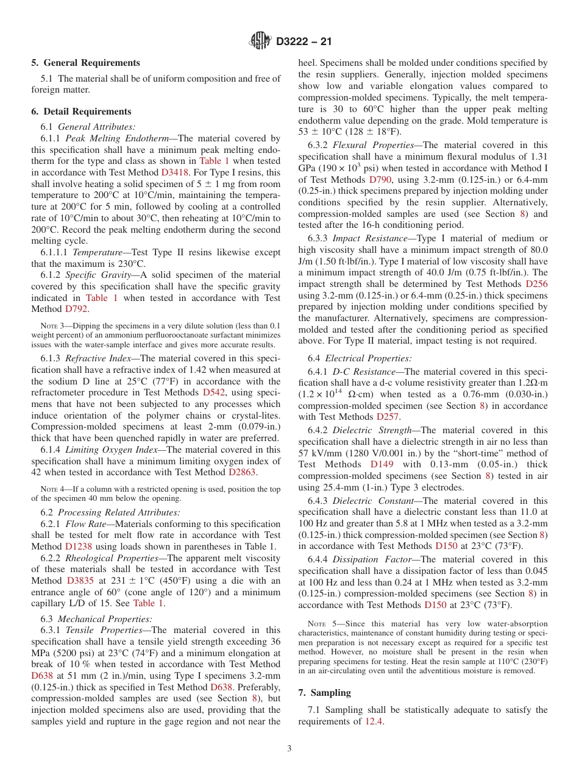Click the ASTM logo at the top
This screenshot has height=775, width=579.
coord(261,41)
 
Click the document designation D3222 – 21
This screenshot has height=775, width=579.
coord(303,42)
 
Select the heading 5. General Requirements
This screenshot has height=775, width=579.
coord(85,63)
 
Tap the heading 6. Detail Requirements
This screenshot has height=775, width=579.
coord(81,111)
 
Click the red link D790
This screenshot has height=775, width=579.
coord(382,180)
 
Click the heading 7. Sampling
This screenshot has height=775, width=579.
coord(324,693)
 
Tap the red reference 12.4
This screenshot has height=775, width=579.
coord(374,721)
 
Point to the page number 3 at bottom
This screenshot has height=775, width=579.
coord(289,749)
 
